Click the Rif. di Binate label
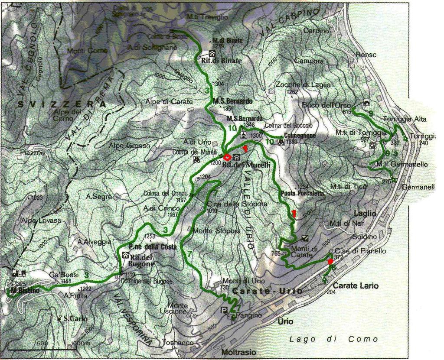coord(221,61)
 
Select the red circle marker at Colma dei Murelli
coord(227,157)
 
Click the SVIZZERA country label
coord(62,105)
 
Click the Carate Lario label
coord(356,286)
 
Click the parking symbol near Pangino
coord(224,310)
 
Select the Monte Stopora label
coord(217,230)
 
